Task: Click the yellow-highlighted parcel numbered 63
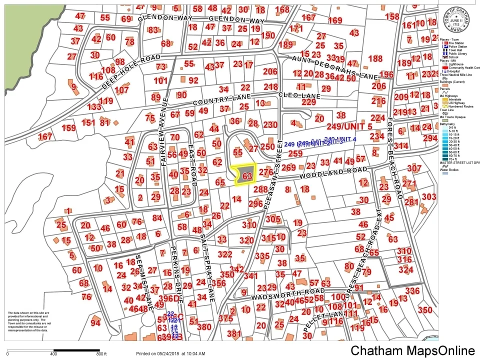(245, 175)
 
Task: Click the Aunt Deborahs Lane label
(334, 66)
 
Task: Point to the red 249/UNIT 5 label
(349, 126)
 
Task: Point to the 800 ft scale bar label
(101, 354)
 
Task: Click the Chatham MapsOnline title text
(412, 350)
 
